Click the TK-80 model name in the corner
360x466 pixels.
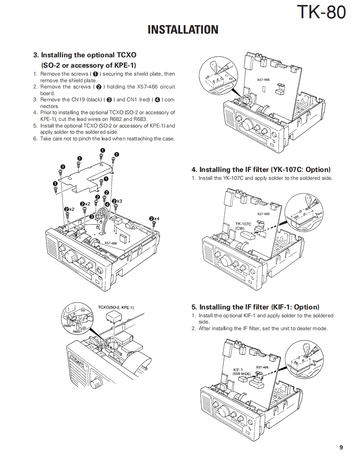click(321, 12)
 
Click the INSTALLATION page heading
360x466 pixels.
click(183, 29)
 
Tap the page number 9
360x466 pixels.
click(341, 447)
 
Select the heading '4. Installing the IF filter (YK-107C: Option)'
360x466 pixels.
click(261, 169)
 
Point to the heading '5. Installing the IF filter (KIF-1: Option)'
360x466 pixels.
click(255, 307)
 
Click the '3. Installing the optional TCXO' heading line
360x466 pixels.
click(84, 55)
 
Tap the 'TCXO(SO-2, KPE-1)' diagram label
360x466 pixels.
click(116, 307)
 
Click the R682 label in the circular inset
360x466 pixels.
click(68, 326)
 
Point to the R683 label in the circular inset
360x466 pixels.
click(77, 331)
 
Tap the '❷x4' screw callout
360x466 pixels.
click(154, 218)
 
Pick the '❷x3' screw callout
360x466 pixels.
click(117, 201)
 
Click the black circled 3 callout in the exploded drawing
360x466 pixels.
click(91, 217)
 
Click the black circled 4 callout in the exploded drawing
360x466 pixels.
click(107, 204)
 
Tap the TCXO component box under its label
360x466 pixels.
click(113, 317)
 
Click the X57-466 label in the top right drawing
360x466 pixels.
click(263, 79)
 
